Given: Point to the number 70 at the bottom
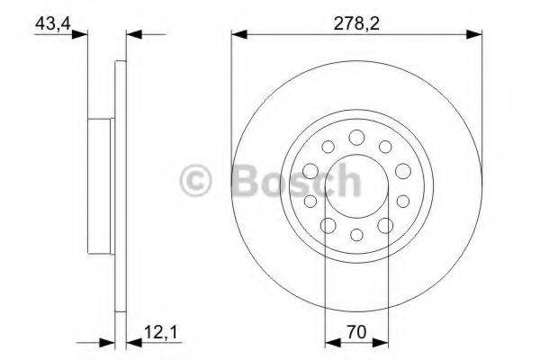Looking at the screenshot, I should click(x=355, y=332).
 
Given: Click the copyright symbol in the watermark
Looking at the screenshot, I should click(x=196, y=182).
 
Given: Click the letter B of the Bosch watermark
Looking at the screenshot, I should click(x=247, y=182).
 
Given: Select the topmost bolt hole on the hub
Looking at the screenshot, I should click(x=356, y=136).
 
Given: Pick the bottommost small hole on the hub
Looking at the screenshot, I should click(x=355, y=235).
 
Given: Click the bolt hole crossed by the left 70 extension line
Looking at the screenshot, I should click(x=328, y=225).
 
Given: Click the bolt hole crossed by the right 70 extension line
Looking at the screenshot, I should click(x=385, y=225).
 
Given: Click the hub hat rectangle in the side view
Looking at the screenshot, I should click(x=102, y=184).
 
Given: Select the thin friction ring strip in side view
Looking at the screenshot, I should click(x=120, y=184).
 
